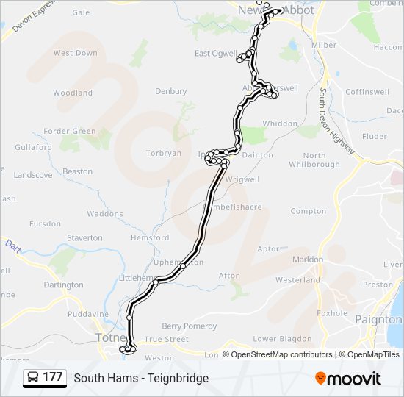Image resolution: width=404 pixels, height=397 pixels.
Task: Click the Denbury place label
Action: pyautogui.click(x=170, y=92)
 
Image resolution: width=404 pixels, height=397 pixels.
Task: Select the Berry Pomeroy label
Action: pyautogui.click(x=190, y=326)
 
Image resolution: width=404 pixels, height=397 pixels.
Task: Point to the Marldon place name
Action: pyautogui.click(x=308, y=260)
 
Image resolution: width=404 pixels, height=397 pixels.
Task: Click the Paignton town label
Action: pyautogui.click(x=378, y=320)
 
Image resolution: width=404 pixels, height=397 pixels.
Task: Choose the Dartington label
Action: pyautogui.click(x=64, y=285)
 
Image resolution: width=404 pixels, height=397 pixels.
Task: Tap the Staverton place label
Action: pyautogui.click(x=84, y=238)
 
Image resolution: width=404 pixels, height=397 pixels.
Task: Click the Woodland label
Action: pyautogui.click(x=73, y=93)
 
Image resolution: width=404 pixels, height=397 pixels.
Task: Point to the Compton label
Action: pyautogui.click(x=309, y=211)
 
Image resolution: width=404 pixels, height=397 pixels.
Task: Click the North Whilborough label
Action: pyautogui.click(x=314, y=160)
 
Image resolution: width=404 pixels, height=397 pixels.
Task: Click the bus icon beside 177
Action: pyautogui.click(x=33, y=378)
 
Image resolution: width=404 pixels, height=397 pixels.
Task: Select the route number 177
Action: pyautogui.click(x=52, y=377)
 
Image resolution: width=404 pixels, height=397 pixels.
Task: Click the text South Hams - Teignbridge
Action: pyautogui.click(x=141, y=378)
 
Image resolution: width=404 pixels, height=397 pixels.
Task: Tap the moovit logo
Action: pyautogui.click(x=348, y=378)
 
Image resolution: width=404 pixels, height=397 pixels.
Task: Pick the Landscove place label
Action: pyautogui.click(x=33, y=175)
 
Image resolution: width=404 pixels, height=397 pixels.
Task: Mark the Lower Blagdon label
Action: pyautogui.click(x=278, y=339)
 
